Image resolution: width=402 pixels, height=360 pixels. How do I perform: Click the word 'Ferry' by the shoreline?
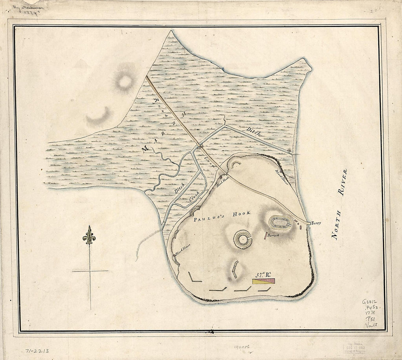316,223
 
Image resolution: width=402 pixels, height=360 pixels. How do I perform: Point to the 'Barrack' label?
273,236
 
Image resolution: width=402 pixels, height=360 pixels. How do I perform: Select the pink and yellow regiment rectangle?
263,281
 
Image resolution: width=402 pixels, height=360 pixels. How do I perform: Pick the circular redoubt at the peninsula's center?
242,239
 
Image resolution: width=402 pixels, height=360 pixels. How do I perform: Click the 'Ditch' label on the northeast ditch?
253,132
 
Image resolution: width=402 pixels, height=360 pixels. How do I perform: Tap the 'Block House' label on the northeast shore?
282,177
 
